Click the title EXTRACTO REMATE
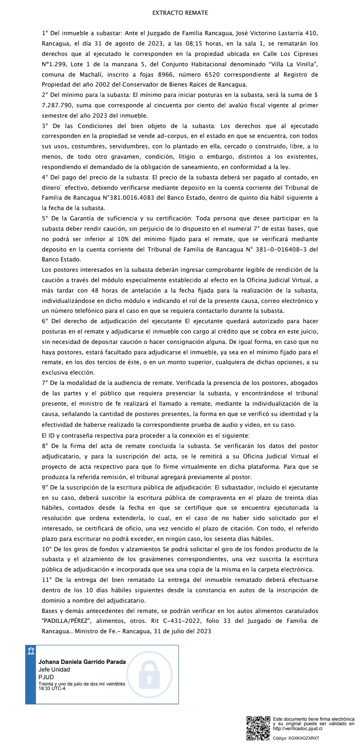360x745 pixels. coord(180,13)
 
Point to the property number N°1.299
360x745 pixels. coord(55,64)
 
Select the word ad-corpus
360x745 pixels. coord(173,136)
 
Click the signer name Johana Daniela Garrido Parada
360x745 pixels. coord(82,662)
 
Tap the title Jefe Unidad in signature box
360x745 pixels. coord(54,670)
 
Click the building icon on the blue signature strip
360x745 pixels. coord(31,651)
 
